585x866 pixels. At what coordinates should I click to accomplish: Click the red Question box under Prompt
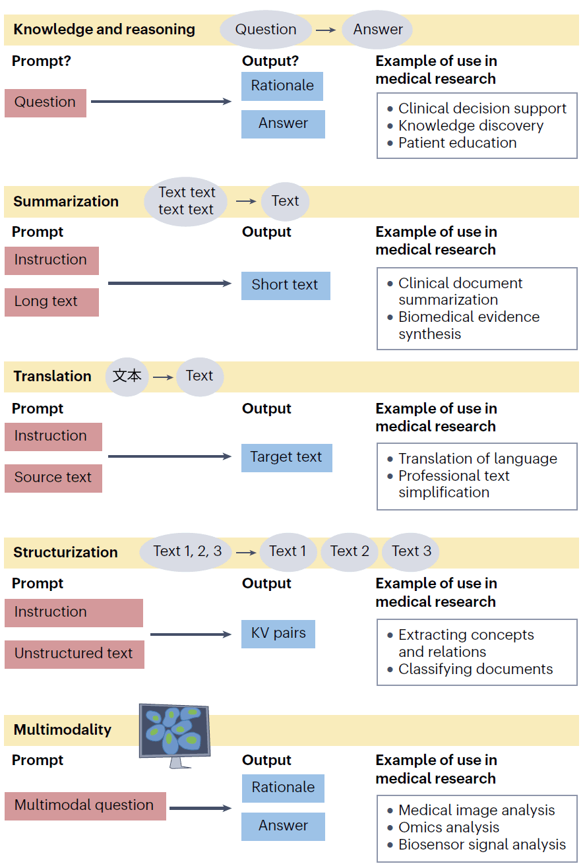coord(46,103)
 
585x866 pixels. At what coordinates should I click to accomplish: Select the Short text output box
coord(286,286)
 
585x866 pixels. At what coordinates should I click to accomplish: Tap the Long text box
coord(51,302)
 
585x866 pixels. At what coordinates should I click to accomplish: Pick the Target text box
coord(286,458)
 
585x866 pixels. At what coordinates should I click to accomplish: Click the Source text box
coord(53,478)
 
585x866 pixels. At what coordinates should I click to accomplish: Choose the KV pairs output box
coord(278,634)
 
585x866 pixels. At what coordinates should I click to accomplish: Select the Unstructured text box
coord(75,654)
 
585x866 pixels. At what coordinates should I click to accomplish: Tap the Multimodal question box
coord(85,806)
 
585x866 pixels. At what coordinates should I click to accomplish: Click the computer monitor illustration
coord(175,735)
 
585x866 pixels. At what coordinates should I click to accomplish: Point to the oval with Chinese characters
coord(127,377)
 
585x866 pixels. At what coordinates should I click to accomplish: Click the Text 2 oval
coord(350,551)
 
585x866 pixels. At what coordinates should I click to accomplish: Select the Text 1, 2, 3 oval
coord(187,551)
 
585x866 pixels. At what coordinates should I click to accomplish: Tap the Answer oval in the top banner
coord(377,30)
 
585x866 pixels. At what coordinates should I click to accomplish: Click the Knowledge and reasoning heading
coord(104,30)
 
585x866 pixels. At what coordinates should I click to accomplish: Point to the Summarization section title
coord(66,201)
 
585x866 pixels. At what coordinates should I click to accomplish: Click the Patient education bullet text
coord(458,143)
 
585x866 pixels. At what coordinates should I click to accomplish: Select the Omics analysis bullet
coord(448,827)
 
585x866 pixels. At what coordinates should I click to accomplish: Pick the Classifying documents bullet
coord(476,669)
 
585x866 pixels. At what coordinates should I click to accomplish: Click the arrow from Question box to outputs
coord(161,102)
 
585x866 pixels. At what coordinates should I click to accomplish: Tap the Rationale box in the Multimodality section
coord(283,788)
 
